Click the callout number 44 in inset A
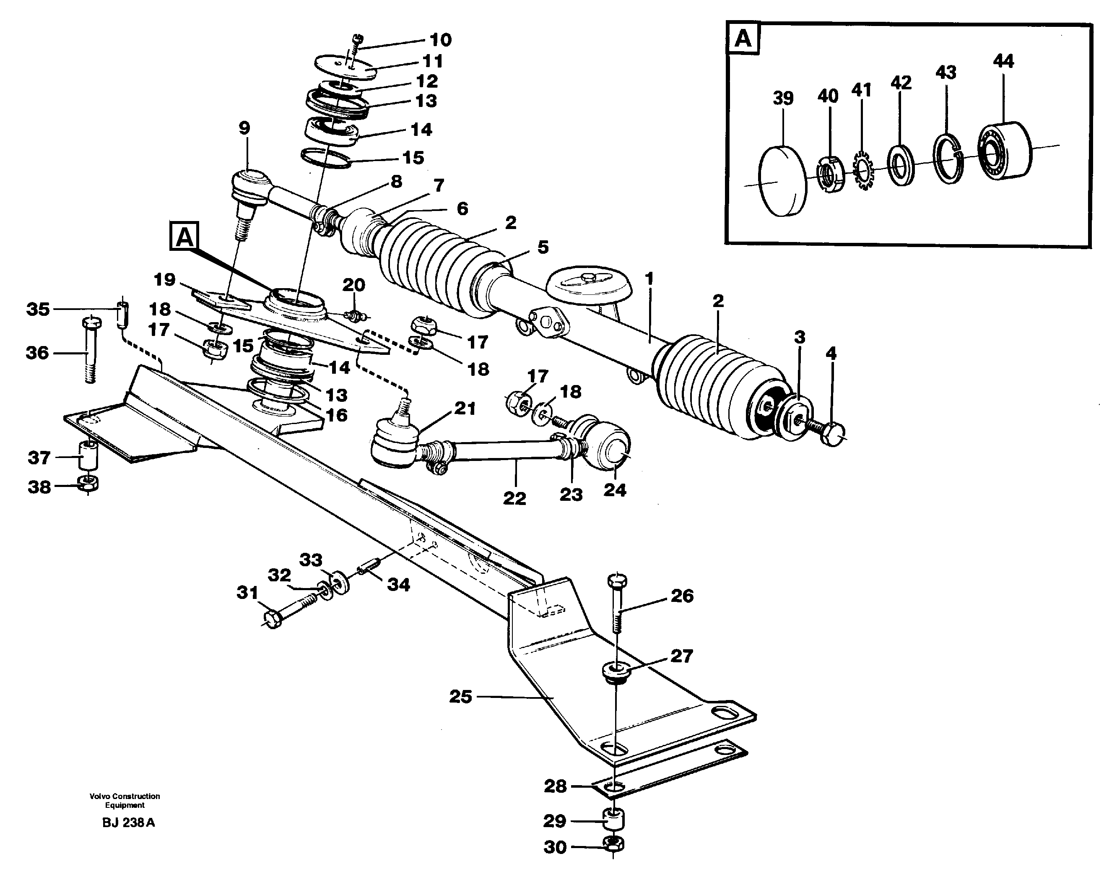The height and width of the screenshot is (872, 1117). pyautogui.click(x=1003, y=61)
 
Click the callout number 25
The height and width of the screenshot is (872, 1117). pyautogui.click(x=460, y=697)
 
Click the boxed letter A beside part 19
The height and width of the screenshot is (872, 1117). pyautogui.click(x=184, y=237)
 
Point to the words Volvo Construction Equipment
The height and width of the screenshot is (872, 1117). pyautogui.click(x=125, y=800)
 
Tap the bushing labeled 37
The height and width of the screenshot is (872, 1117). pyautogui.click(x=88, y=455)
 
